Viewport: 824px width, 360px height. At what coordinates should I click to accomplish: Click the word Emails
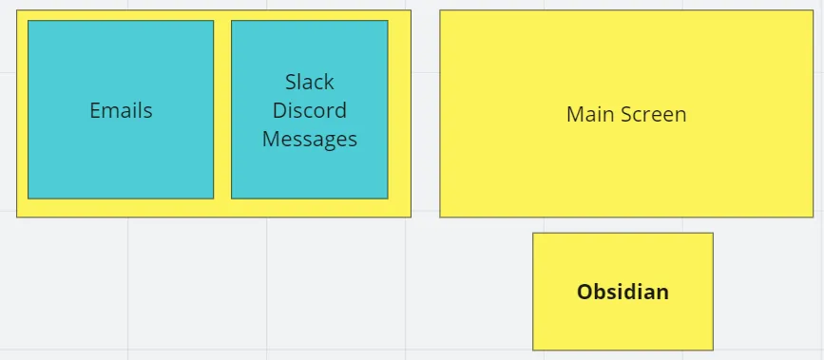pyautogui.click(x=121, y=110)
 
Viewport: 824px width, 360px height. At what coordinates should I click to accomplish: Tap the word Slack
pyautogui.click(x=309, y=82)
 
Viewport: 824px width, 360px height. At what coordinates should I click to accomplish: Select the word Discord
pyautogui.click(x=309, y=110)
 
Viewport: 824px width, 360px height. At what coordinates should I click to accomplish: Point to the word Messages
pyautogui.click(x=309, y=139)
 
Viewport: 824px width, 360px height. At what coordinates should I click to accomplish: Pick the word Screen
pyautogui.click(x=653, y=114)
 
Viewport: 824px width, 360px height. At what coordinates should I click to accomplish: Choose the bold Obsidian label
pyautogui.click(x=623, y=292)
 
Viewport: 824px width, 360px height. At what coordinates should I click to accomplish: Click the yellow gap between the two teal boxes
pyautogui.click(x=222, y=110)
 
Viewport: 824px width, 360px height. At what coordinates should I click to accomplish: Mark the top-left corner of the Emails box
pyautogui.click(x=29, y=21)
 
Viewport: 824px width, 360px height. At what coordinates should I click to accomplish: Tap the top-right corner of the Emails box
pyautogui.click(x=213, y=21)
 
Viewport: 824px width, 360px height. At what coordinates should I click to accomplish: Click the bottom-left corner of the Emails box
pyautogui.click(x=29, y=198)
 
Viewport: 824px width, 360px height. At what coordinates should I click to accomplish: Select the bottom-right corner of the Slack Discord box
pyautogui.click(x=388, y=198)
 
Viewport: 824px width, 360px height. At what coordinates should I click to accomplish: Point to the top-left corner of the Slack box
pyautogui.click(x=232, y=21)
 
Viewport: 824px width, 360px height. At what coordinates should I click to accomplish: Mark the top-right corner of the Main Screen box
pyautogui.click(x=813, y=11)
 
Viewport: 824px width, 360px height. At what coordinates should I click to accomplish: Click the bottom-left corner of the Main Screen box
pyautogui.click(x=440, y=217)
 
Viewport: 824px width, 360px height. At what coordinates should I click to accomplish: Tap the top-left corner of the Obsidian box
pyautogui.click(x=533, y=234)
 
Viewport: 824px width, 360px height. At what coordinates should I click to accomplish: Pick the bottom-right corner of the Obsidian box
pyautogui.click(x=713, y=350)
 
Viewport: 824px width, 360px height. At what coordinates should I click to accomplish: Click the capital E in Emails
pyautogui.click(x=95, y=110)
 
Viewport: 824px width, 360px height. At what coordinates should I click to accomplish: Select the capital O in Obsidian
pyautogui.click(x=584, y=292)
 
